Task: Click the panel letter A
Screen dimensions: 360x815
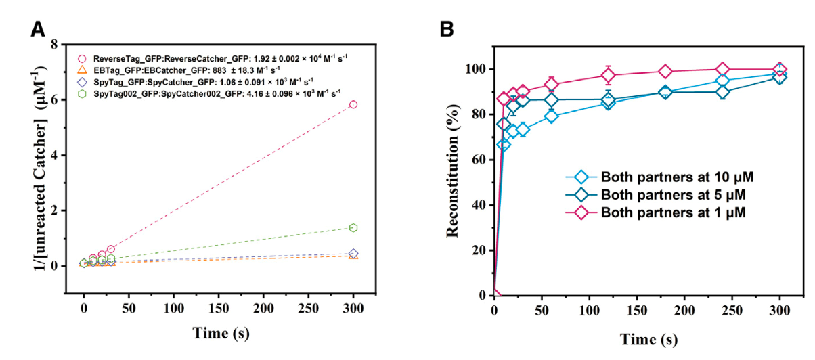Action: click(39, 30)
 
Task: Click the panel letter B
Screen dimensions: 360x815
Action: click(447, 30)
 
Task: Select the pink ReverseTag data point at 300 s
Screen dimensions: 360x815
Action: click(353, 104)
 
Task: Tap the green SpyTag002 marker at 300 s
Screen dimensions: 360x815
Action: click(353, 228)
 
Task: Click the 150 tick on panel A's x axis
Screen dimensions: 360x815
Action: click(219, 309)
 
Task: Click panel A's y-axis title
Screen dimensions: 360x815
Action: click(22, 168)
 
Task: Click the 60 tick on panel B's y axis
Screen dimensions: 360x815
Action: click(479, 160)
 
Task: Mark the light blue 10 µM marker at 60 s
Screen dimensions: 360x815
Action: click(552, 116)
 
